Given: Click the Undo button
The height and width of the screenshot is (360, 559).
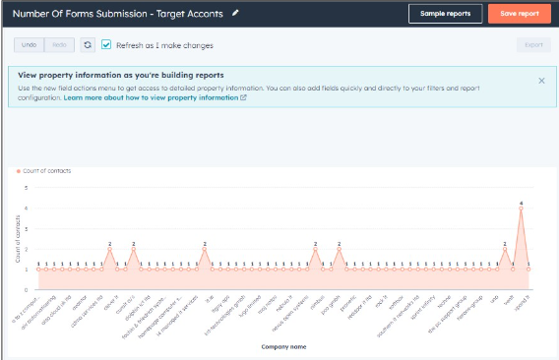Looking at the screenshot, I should tap(29, 45).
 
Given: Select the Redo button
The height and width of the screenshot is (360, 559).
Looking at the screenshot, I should tap(59, 45).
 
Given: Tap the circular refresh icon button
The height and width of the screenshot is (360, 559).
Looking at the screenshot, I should tap(88, 45).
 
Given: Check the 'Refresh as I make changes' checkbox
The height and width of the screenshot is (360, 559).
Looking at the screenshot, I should tap(106, 45).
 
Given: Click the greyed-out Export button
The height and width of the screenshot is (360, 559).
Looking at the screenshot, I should tap(533, 45).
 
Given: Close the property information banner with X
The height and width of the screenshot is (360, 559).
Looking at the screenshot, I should tap(541, 81).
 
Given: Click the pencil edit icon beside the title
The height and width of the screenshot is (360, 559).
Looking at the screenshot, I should tap(234, 13).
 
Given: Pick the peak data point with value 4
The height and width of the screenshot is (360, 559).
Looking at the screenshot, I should tap(521, 209).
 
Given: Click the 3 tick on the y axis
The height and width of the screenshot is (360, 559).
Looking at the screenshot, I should tap(28, 228).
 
